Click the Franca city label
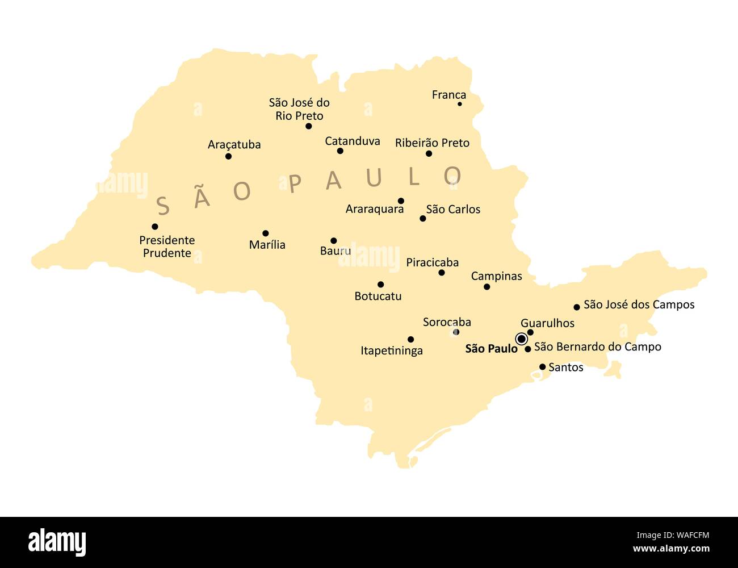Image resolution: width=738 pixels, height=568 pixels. [448, 95]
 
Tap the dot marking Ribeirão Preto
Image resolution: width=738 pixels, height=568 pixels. [429, 153]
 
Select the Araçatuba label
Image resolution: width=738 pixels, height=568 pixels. [234, 145]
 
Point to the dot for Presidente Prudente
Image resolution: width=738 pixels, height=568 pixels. [155, 227]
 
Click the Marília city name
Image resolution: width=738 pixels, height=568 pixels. [267, 245]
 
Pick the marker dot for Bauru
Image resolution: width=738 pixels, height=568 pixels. [333, 241]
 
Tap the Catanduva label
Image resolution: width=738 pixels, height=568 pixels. [352, 141]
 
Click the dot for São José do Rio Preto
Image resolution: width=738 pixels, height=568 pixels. [309, 126]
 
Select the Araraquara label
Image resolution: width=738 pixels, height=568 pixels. [374, 209]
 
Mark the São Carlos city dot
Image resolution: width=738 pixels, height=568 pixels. [422, 219]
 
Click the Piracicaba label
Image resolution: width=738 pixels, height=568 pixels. [432, 262]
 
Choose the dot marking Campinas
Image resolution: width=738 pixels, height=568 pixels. [487, 287]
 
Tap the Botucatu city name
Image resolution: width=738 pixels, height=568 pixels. [378, 296]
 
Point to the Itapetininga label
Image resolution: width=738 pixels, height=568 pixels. [391, 350]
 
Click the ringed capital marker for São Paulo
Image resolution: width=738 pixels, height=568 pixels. [521, 339]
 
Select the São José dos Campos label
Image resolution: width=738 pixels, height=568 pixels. [639, 304]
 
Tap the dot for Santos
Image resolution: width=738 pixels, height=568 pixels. [542, 367]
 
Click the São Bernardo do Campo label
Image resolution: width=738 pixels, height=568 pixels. [597, 346]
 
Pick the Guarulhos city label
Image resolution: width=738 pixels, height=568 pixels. [547, 323]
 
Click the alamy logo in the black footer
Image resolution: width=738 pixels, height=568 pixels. [57, 542]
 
